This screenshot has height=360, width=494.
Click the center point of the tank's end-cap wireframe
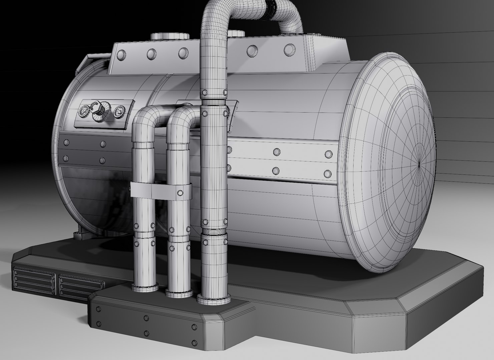(419, 163)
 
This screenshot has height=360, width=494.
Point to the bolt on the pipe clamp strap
(180, 193)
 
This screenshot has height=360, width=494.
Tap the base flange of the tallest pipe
(214, 299)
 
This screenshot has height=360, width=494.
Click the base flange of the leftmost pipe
(145, 286)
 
